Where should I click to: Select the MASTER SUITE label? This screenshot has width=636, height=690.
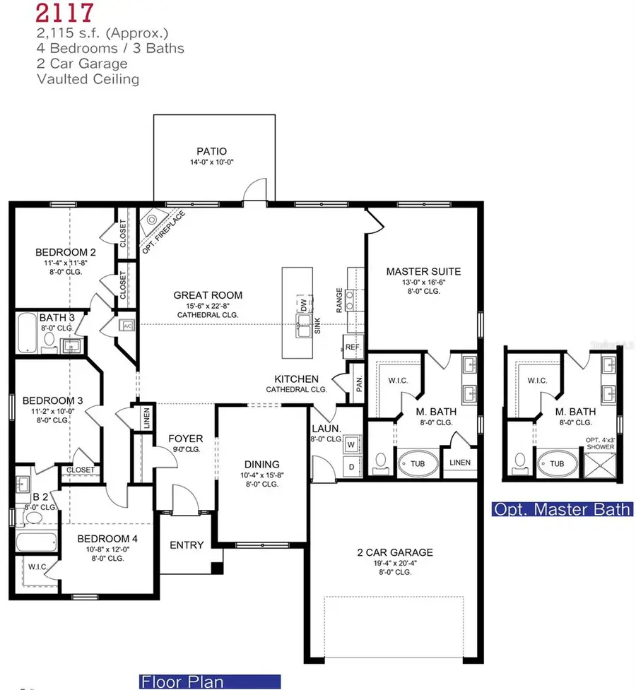click(423, 271)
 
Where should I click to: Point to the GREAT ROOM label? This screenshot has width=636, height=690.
click(208, 295)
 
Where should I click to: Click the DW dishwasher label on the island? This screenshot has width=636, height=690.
click(304, 307)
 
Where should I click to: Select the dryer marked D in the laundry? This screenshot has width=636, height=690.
click(351, 467)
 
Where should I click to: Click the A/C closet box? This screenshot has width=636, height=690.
click(127, 326)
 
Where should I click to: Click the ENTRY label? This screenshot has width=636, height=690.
click(187, 545)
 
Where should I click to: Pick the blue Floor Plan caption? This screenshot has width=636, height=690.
click(183, 682)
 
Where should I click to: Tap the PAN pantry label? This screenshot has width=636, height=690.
click(359, 383)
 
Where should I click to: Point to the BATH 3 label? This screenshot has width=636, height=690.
click(52, 319)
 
